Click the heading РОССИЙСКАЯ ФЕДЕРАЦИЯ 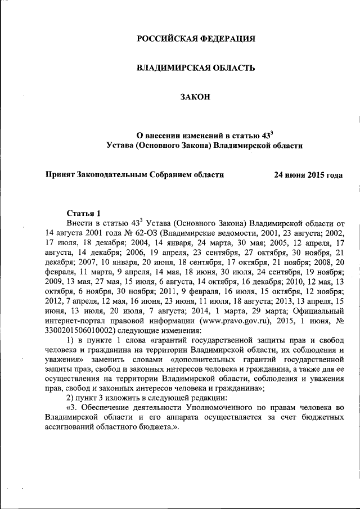196,39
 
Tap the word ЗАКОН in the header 196,98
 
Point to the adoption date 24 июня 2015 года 308,175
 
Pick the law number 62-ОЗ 148,232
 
